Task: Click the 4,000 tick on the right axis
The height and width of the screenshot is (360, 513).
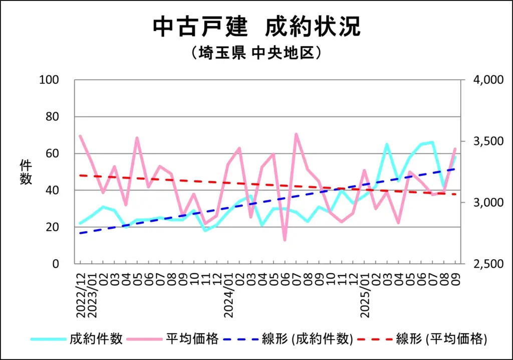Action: click(480, 80)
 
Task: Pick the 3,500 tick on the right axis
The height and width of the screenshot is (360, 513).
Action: click(480, 141)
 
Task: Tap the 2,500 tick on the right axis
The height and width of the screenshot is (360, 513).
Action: click(480, 264)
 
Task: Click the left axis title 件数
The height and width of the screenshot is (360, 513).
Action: click(26, 171)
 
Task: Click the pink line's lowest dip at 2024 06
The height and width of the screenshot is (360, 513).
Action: click(285, 240)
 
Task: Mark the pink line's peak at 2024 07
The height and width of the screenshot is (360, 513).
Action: click(296, 134)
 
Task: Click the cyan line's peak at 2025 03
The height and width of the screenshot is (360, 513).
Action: click(387, 144)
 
